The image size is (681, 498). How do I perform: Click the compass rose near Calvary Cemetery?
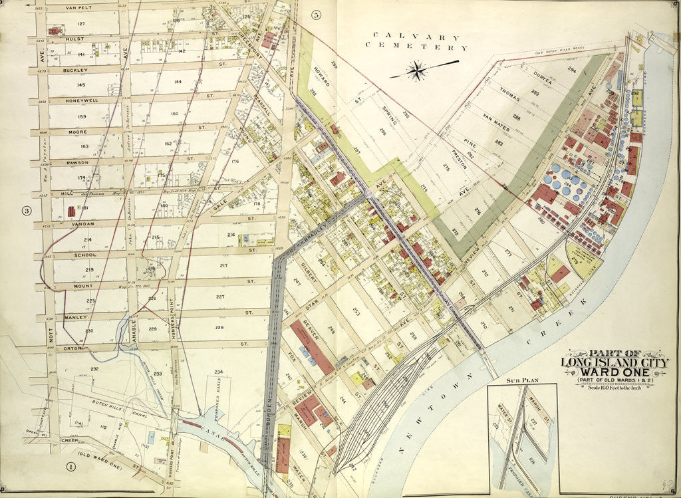pos(418,70)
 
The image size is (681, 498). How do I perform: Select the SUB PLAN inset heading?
pos(521,381)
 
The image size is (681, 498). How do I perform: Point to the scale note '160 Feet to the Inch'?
pos(618,388)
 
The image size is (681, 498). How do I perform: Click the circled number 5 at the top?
pos(316,15)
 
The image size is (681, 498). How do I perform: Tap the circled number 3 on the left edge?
pos(27,211)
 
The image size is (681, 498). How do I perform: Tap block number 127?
pos(81,24)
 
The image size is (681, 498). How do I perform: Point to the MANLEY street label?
pos(76,317)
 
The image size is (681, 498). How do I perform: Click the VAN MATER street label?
pos(495,120)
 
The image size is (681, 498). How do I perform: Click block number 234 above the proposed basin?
pos(217,371)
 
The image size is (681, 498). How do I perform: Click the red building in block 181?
pos(71,211)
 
